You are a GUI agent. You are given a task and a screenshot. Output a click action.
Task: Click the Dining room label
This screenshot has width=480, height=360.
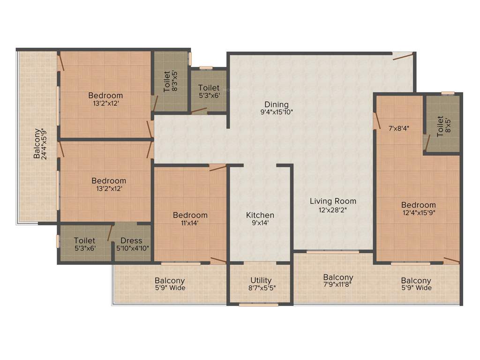click(x=277, y=104)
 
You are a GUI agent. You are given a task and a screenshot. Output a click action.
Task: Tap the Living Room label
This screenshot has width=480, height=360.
click(x=333, y=202)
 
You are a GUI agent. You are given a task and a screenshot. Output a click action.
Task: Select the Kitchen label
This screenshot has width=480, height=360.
click(x=260, y=215)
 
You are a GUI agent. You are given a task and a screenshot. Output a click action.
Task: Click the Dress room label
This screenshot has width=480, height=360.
click(x=131, y=241)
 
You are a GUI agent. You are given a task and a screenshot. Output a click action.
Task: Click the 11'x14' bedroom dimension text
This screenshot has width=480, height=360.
click(x=190, y=223)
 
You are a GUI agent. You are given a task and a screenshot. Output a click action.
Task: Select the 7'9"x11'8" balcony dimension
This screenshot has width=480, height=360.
click(x=338, y=285)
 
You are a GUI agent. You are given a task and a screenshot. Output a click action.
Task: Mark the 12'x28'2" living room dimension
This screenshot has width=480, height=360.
click(x=333, y=210)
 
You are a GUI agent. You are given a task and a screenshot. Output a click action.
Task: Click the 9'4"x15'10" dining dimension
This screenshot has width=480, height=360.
click(x=277, y=112)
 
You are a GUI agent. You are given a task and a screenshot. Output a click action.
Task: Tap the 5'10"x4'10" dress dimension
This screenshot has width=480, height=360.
click(x=133, y=248)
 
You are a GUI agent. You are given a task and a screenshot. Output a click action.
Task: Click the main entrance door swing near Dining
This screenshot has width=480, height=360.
click(x=403, y=56)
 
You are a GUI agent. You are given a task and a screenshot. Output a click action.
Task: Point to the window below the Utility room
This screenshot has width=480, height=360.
click(x=252, y=305)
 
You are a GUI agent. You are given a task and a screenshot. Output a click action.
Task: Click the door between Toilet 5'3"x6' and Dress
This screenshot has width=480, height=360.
click(x=110, y=232)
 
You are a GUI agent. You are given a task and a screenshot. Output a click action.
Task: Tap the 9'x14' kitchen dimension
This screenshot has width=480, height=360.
click(x=260, y=223)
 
